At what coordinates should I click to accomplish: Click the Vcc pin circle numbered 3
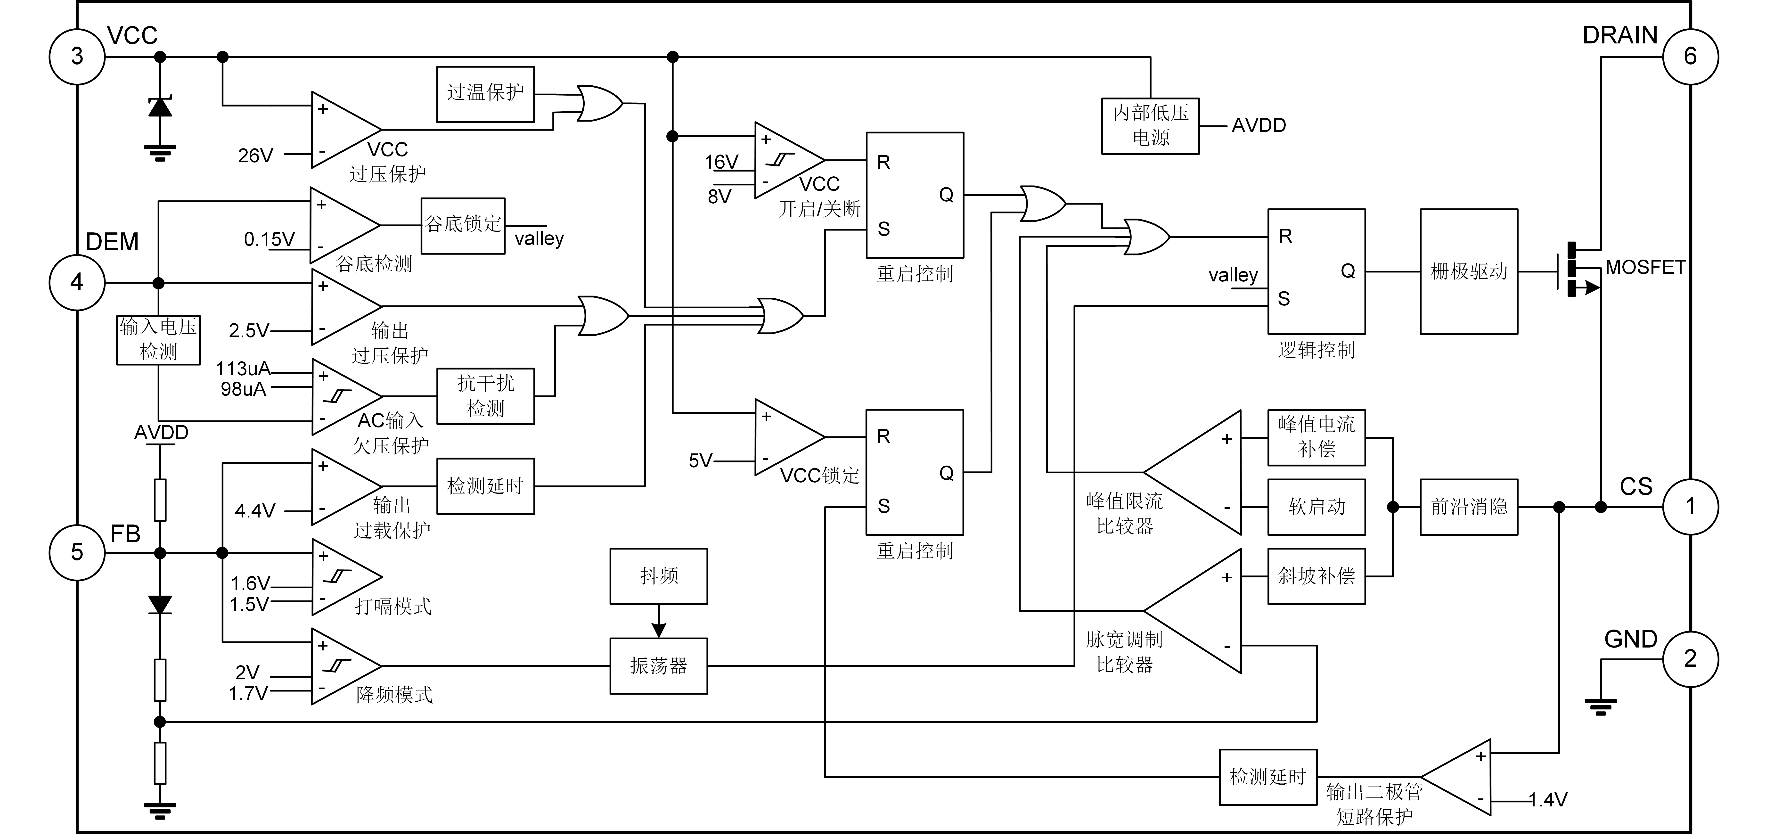click(77, 56)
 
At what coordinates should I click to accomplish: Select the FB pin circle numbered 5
click(77, 552)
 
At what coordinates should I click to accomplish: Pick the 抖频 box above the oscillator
click(658, 574)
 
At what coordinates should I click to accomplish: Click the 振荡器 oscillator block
click(658, 665)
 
